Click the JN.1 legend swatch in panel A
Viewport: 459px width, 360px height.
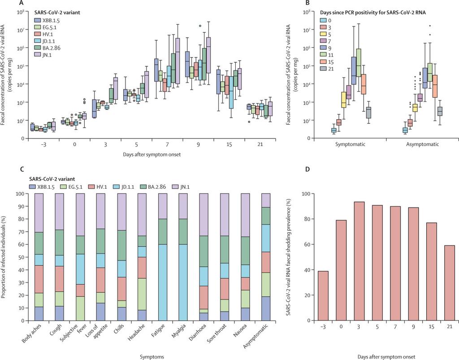39,54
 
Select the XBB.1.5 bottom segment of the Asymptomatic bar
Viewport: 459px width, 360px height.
265,308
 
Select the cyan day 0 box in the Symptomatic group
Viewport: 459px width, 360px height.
333,130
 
